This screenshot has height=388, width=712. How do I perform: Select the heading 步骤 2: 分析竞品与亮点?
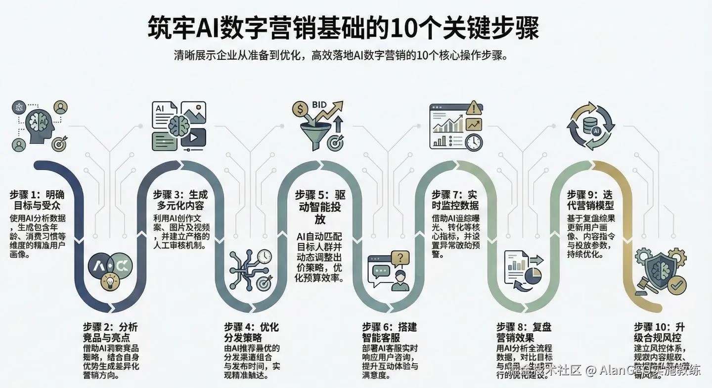coord(110,332)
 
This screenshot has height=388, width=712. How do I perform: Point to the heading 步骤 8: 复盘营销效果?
coord(523,333)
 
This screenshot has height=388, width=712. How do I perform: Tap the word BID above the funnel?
coord(319,105)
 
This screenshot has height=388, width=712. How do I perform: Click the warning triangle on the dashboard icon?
coord(473,107)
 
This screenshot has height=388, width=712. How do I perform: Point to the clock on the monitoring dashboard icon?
coord(473,141)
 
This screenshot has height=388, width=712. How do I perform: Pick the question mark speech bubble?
coord(400,258)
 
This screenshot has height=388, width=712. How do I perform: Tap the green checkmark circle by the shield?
coord(676,284)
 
